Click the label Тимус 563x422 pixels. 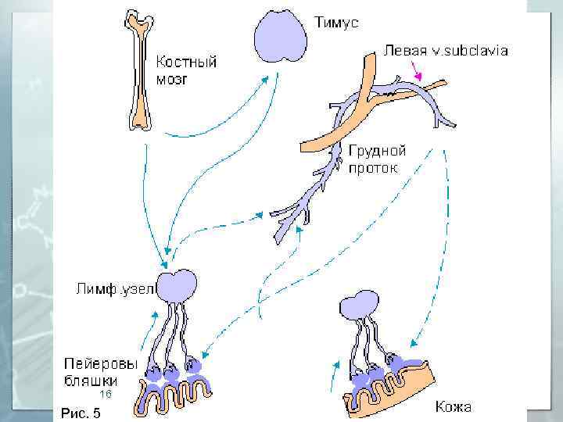(x=337, y=23)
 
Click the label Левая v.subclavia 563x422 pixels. (x=446, y=51)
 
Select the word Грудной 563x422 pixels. (x=378, y=150)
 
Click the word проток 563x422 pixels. (x=374, y=167)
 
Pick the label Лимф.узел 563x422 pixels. (x=116, y=288)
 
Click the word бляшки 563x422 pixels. (x=91, y=381)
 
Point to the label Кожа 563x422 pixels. (x=453, y=407)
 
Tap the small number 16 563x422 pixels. (x=106, y=395)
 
